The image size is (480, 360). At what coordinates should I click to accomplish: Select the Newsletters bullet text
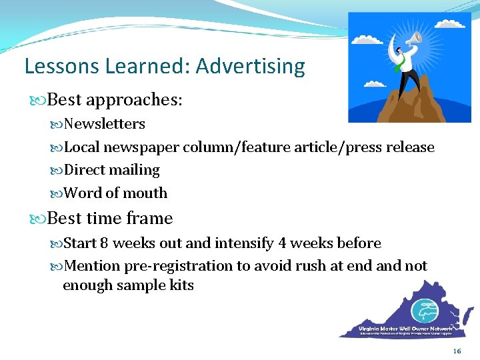pos(105,124)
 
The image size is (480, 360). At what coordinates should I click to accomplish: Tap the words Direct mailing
pos(112,170)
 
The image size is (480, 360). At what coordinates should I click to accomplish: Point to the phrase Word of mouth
pos(116,193)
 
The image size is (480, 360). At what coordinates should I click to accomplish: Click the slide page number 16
pos(457,351)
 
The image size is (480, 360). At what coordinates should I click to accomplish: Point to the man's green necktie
pos(400,64)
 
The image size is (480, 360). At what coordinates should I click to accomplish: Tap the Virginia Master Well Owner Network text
pos(405,329)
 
